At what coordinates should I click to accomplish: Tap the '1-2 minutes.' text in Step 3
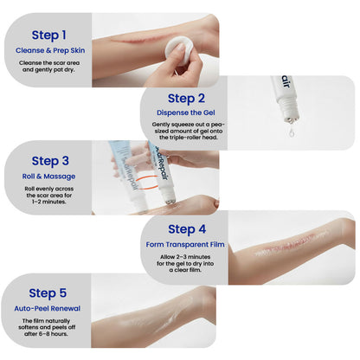55,202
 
